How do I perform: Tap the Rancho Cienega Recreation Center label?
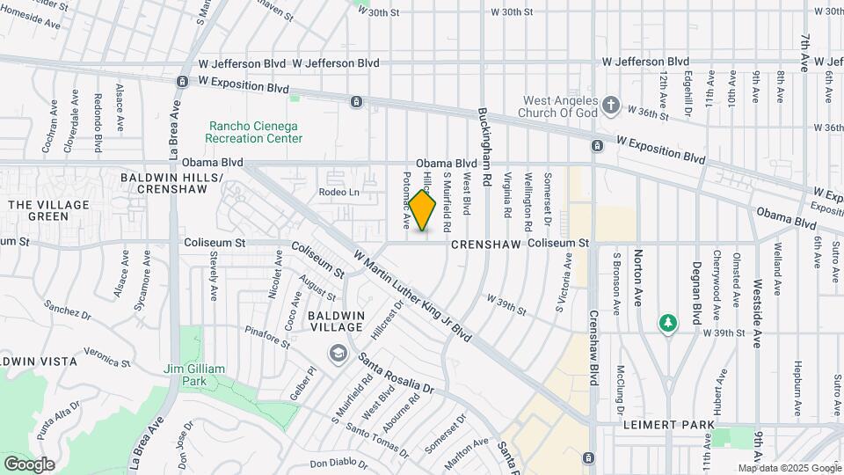click(254, 132)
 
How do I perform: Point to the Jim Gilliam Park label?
click(195, 375)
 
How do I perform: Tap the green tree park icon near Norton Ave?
click(668, 324)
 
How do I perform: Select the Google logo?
click(29, 464)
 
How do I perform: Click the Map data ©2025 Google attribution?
click(789, 468)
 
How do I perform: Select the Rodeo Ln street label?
click(339, 192)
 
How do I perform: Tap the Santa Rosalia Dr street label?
click(396, 374)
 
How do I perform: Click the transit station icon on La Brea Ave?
click(181, 81)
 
